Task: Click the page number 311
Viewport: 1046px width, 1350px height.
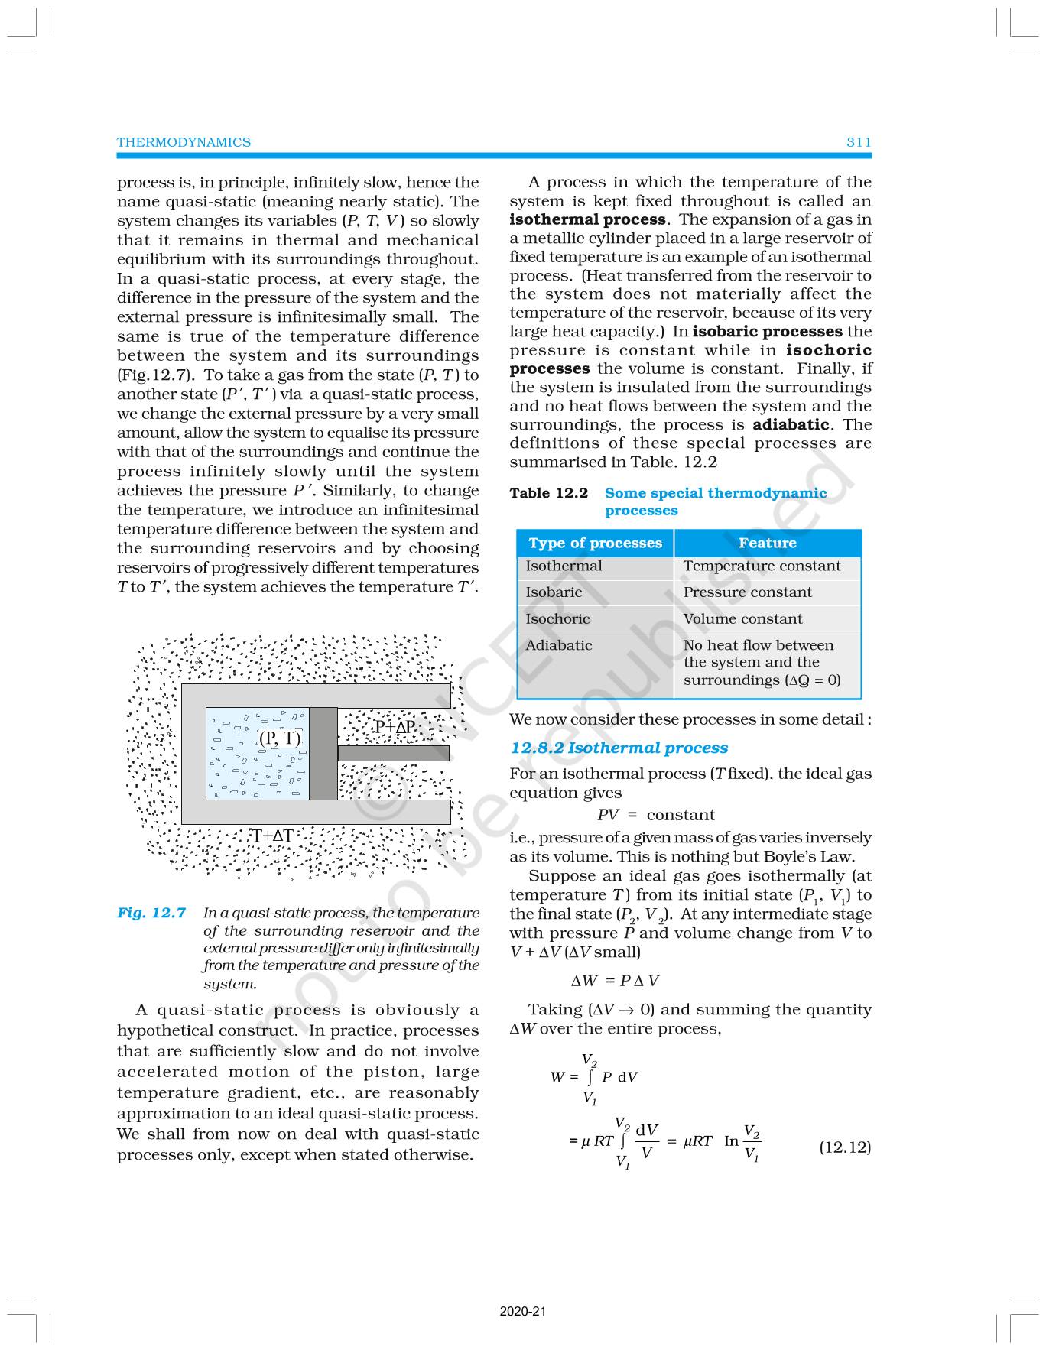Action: tap(859, 142)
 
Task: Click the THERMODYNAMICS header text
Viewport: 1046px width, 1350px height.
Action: tap(184, 142)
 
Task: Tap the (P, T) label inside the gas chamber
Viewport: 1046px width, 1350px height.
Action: tap(280, 738)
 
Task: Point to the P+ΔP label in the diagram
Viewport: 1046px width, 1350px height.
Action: tap(395, 727)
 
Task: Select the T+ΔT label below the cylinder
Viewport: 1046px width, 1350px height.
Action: tap(273, 836)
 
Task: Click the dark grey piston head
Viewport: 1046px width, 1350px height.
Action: tap(323, 754)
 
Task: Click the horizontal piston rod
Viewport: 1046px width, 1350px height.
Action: tap(393, 753)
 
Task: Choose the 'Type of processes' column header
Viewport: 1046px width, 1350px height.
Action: tap(595, 544)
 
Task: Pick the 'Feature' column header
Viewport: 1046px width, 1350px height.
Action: tap(767, 544)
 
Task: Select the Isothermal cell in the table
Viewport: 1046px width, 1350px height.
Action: tap(564, 566)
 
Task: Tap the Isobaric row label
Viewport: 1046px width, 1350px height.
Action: tap(554, 592)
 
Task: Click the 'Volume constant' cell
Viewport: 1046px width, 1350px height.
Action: tap(742, 619)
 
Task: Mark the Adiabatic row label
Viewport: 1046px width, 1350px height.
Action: tap(559, 645)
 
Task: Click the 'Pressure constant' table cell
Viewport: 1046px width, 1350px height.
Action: tap(747, 592)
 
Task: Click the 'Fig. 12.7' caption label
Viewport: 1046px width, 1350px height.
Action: tap(151, 913)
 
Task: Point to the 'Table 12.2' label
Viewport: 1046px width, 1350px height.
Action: tap(549, 493)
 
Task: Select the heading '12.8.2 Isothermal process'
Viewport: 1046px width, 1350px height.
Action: tap(619, 748)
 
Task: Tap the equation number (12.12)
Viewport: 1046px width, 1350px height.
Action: tap(845, 1147)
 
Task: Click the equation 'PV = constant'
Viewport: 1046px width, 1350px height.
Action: tap(655, 815)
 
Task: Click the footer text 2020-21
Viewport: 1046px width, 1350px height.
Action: tap(523, 1312)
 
